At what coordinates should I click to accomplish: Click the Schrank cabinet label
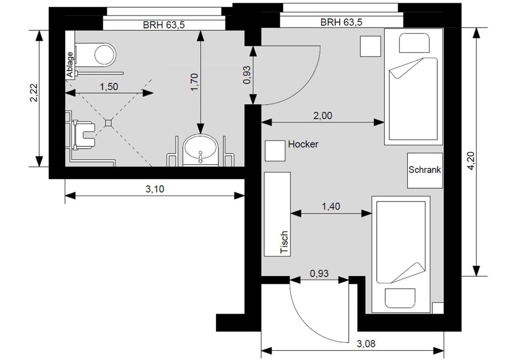[x=425, y=170]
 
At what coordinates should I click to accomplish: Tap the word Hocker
[x=303, y=144]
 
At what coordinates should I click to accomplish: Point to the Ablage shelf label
[x=70, y=64]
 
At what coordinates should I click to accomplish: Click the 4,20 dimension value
[x=471, y=161]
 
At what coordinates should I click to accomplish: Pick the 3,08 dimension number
[x=366, y=344]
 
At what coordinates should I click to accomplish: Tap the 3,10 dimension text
[x=155, y=189]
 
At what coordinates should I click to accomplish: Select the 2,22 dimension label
[x=34, y=92]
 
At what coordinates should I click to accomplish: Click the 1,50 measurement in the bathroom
[x=109, y=87]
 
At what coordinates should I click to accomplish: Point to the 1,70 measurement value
[x=194, y=82]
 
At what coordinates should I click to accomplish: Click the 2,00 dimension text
[x=322, y=116]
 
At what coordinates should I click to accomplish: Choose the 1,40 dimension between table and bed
[x=331, y=206]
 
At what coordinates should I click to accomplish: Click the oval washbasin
[x=200, y=148]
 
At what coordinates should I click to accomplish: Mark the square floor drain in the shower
[x=108, y=123]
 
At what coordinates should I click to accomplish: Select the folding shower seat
[x=84, y=135]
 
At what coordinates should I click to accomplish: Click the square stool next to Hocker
[x=275, y=151]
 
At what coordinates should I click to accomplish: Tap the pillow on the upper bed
[x=414, y=43]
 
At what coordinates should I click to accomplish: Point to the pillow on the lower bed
[x=400, y=298]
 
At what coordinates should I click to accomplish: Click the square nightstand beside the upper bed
[x=370, y=46]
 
